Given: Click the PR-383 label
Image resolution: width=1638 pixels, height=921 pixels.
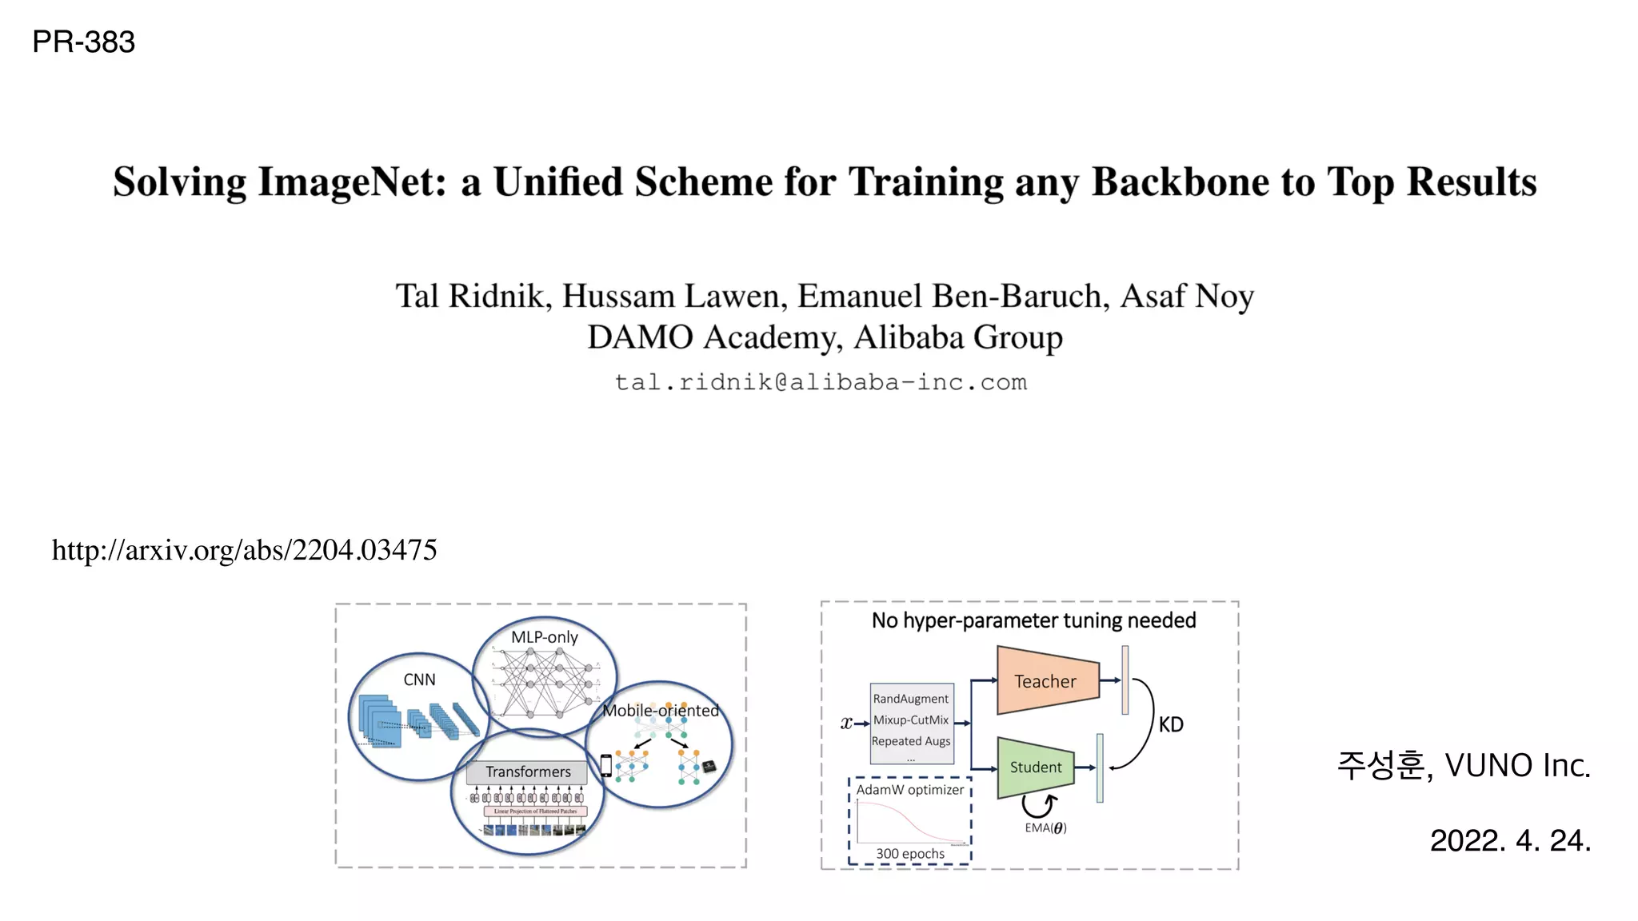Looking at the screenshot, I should click(83, 42).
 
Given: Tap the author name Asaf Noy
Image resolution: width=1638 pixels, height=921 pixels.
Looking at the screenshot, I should click(1187, 296).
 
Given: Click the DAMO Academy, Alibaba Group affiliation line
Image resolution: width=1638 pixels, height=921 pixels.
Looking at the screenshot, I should click(825, 337).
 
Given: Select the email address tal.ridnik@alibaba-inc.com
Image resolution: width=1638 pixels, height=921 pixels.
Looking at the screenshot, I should click(821, 382).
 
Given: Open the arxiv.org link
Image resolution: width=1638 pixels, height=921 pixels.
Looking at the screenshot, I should click(244, 550).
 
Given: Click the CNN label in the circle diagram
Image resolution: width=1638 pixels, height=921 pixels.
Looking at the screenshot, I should click(419, 680).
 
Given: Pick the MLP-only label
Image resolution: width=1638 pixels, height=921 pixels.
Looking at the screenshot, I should click(544, 637).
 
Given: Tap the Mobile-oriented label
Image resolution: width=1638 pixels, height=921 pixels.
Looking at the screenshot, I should click(660, 711).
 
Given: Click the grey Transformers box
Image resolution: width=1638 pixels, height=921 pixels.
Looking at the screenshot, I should click(528, 771).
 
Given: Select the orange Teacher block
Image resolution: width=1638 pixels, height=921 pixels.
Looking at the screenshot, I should click(1045, 681).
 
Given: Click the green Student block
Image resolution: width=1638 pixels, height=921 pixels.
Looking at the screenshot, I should click(1035, 767).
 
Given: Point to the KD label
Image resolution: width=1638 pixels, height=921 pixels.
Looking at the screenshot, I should click(1171, 724).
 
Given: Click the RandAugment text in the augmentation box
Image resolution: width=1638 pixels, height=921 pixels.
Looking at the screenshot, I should click(910, 699).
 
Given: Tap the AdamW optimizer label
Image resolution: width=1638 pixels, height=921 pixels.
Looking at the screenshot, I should click(910, 790).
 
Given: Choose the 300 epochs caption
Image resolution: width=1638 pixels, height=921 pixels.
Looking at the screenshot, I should click(910, 854).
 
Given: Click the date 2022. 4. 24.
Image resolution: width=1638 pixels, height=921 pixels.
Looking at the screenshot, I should click(1510, 840).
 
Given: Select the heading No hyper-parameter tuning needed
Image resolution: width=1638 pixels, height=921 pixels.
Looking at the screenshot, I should click(1033, 620).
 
